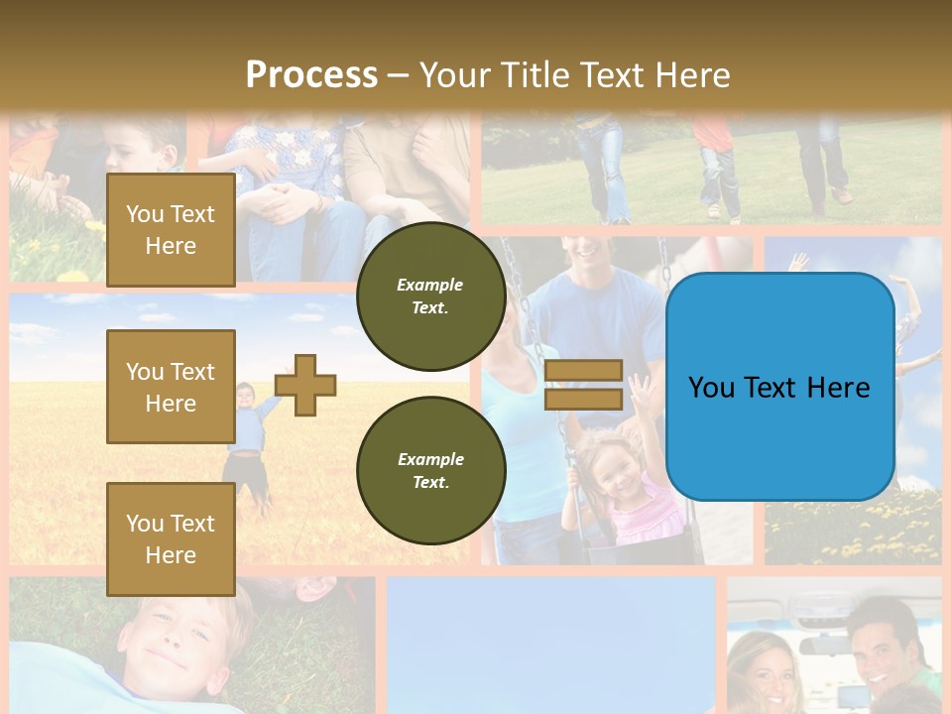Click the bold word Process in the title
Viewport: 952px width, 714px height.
[311, 75]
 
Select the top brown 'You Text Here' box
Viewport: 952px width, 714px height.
[171, 230]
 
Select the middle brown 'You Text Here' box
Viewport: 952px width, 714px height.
[171, 387]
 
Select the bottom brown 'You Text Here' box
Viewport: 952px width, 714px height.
[171, 538]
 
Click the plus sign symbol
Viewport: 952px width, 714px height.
[305, 385]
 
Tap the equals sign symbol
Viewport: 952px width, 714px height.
[584, 385]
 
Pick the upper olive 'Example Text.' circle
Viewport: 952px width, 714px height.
[430, 296]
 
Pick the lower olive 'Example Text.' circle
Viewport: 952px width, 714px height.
[430, 470]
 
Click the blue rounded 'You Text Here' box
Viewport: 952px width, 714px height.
[779, 387]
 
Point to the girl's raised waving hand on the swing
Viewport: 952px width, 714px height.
[640, 392]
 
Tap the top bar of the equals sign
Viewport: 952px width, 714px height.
[584, 371]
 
